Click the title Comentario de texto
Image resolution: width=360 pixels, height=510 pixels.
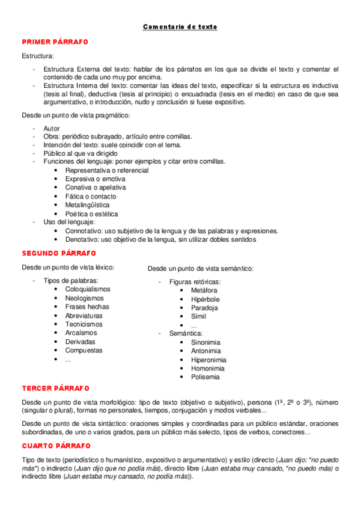click(x=180, y=27)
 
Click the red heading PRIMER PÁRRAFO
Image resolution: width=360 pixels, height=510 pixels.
click(x=55, y=41)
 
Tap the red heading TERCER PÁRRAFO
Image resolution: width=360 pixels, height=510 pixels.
click(x=55, y=388)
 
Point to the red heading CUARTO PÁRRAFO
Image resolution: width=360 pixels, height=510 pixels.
click(x=56, y=446)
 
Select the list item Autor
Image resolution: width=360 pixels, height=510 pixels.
click(x=52, y=129)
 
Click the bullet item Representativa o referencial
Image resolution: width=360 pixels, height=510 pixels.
click(x=107, y=170)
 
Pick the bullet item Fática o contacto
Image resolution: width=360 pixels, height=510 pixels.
click(x=91, y=196)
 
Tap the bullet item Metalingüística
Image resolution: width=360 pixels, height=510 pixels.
click(x=87, y=205)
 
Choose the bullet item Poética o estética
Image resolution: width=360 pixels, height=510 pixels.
click(x=91, y=214)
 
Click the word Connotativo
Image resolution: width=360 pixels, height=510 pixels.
click(x=84, y=231)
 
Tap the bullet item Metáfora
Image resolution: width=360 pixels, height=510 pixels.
click(x=204, y=290)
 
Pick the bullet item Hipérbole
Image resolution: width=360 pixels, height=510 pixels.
click(x=206, y=299)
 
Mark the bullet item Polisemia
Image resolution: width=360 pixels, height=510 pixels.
click(x=206, y=377)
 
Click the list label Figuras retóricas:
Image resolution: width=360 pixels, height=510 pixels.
click(x=195, y=281)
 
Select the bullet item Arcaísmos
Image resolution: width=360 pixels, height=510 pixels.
click(x=81, y=333)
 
